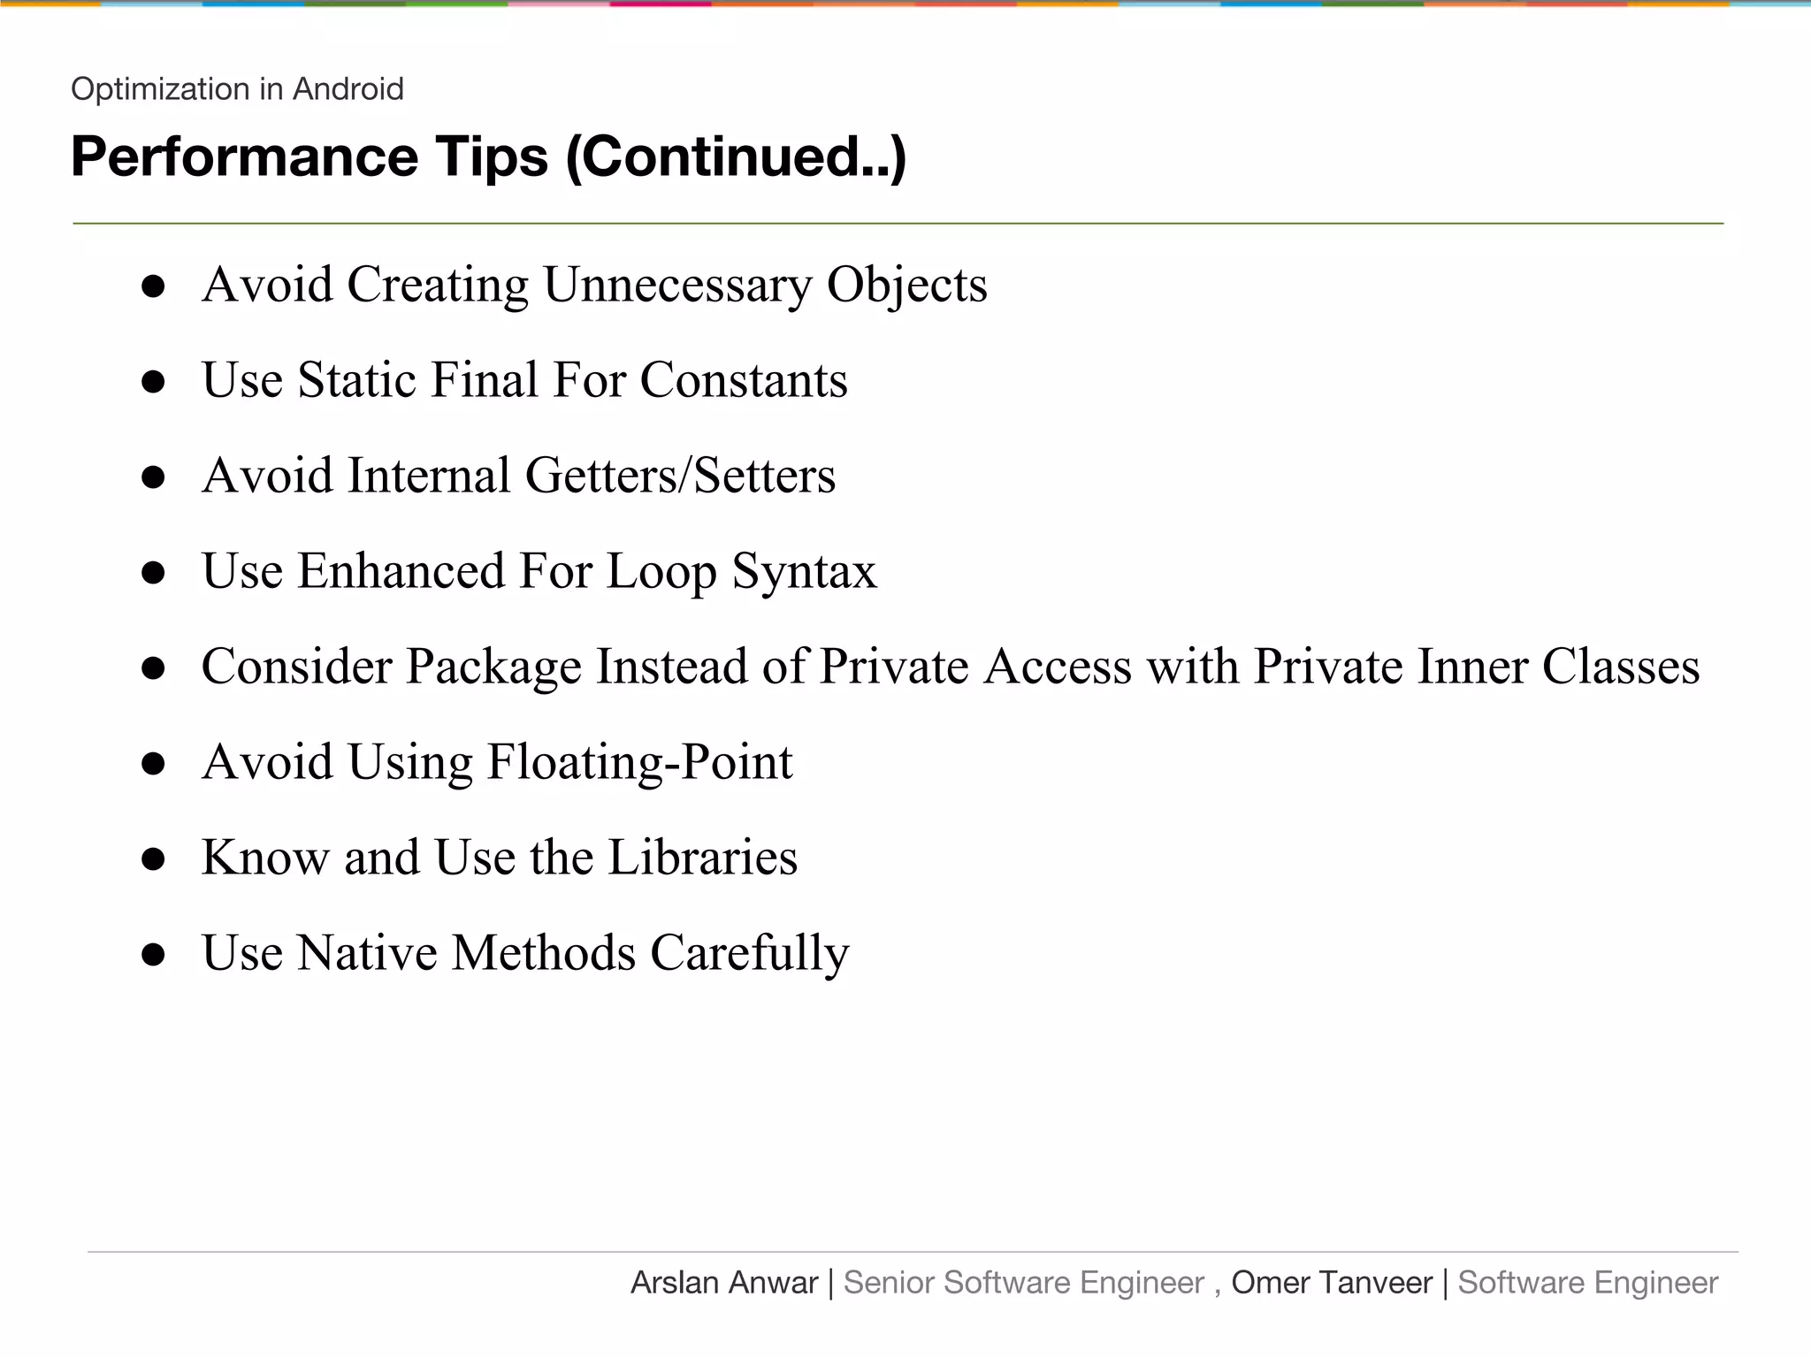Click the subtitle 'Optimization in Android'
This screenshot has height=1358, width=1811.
(237, 89)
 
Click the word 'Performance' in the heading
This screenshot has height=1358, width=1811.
(244, 157)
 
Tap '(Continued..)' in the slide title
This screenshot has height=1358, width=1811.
(736, 157)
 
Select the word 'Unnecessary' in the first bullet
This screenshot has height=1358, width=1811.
(677, 286)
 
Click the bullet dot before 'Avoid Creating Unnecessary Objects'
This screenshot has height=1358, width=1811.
(154, 286)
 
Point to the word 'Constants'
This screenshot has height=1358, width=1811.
(744, 380)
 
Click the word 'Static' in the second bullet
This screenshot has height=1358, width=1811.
(356, 380)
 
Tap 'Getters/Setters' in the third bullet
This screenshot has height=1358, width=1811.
(680, 476)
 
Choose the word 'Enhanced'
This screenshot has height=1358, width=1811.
(401, 571)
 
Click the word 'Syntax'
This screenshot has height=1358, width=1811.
(804, 571)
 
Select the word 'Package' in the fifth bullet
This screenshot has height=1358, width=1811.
(493, 667)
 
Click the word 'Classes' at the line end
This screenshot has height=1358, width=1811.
(1621, 667)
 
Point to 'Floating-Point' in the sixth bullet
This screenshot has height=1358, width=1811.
(640, 762)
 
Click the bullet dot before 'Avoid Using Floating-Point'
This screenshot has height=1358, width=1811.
(154, 764)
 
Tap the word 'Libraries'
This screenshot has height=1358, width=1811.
(703, 858)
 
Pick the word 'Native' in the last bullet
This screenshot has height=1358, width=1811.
(367, 953)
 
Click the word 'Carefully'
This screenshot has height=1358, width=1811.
(750, 955)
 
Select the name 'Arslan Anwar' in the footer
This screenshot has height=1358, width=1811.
(724, 1283)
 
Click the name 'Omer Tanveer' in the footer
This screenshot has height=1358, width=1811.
(1332, 1283)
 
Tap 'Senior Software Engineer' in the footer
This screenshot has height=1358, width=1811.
(1024, 1283)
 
